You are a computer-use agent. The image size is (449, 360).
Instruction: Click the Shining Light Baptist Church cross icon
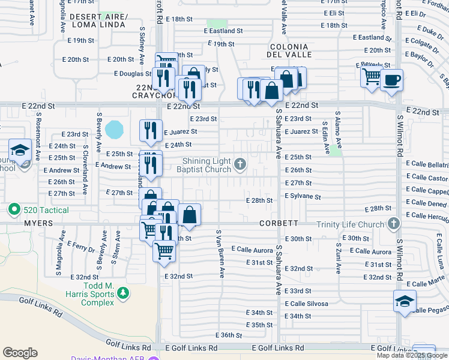[x=240, y=164]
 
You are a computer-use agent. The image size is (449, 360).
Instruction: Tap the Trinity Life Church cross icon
[x=393, y=224]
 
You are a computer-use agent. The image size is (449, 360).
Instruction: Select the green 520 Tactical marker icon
[x=13, y=210]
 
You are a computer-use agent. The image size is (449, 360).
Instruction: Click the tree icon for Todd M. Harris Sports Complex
[x=123, y=293]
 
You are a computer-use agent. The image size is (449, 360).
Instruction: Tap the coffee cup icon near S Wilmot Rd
[x=391, y=80]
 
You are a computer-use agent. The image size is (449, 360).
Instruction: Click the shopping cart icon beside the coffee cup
[x=372, y=77]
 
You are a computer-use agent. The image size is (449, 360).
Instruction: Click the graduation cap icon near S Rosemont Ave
[x=20, y=149]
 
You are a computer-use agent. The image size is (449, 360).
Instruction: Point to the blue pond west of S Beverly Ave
[x=114, y=128]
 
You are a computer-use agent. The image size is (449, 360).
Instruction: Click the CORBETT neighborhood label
[x=279, y=223]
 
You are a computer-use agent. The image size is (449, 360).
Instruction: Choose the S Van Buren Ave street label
[x=220, y=253]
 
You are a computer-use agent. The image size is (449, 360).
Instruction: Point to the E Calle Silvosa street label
[x=306, y=304]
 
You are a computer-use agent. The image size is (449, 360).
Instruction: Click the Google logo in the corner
[x=20, y=353]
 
